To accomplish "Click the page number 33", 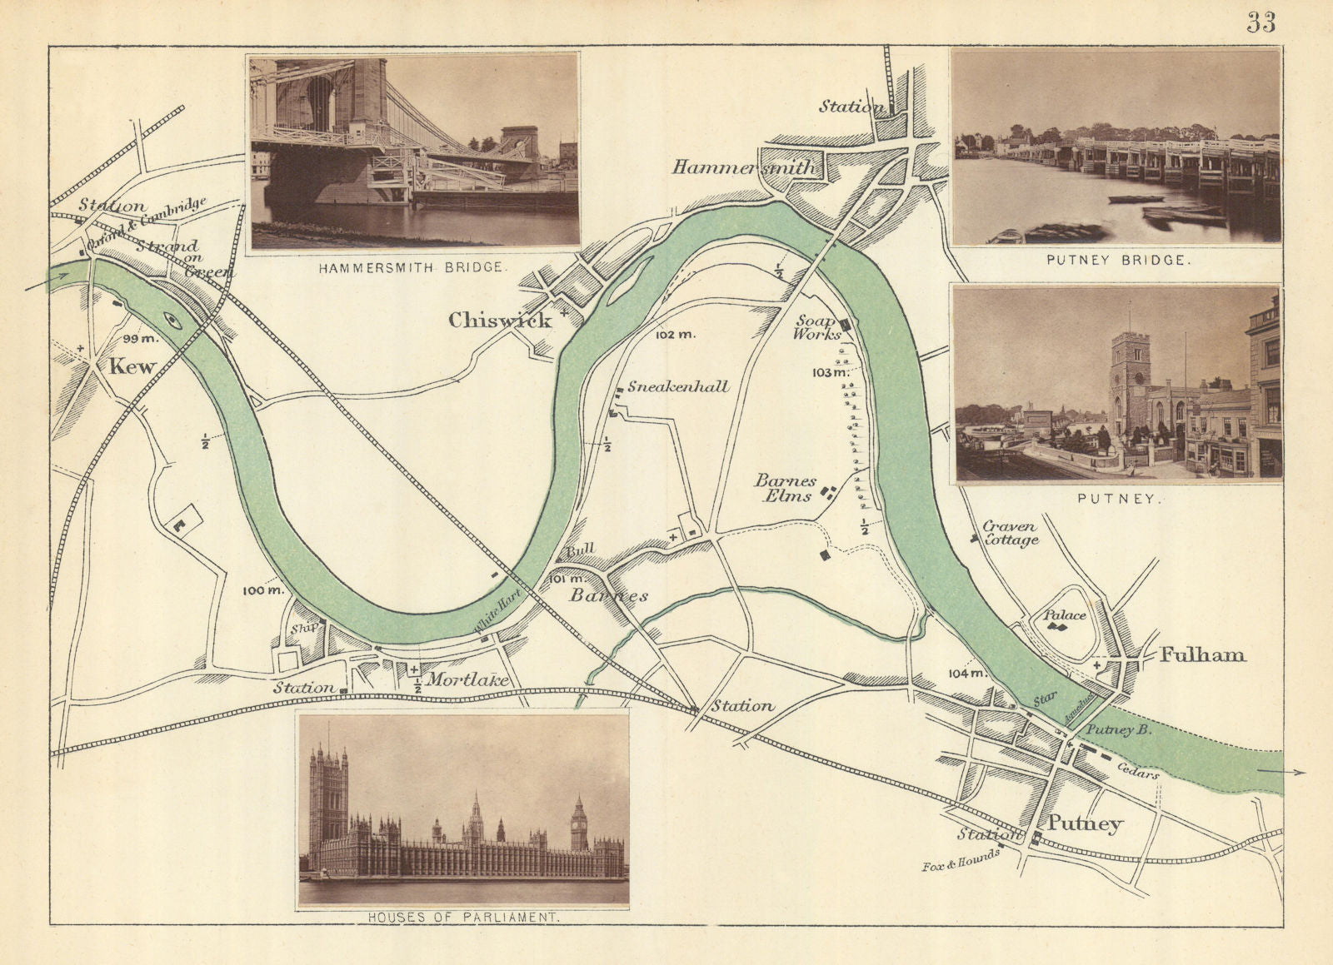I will tap(1261, 22).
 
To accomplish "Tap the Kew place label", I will tap(133, 366).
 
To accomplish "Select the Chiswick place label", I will tap(500, 320).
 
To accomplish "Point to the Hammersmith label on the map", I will tap(745, 167).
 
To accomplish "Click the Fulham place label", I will tap(1202, 655).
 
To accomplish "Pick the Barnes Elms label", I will tap(784, 489).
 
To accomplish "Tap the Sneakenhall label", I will tap(678, 386).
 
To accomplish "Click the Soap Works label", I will tap(816, 327).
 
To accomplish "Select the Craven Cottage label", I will tap(1010, 533).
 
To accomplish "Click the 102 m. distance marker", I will tap(675, 335).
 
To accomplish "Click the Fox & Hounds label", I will tap(961, 860).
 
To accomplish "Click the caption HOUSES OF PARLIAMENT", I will tap(463, 918).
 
